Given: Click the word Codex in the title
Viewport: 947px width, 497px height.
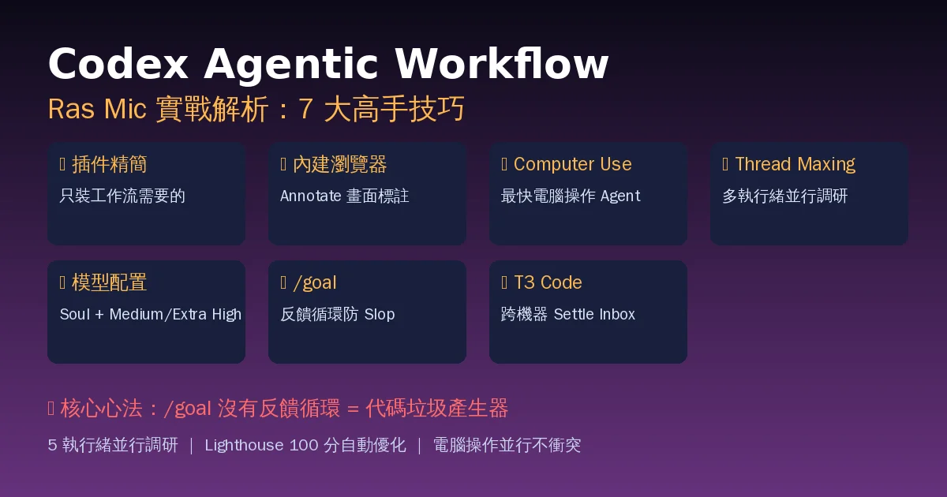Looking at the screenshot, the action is (118, 63).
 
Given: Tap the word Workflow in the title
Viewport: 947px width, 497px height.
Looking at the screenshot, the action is (502, 63).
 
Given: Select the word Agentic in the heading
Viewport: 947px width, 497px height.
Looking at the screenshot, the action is (291, 66).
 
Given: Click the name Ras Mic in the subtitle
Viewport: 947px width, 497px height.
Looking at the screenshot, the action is (97, 109).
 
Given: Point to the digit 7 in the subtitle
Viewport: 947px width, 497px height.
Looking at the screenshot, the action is (305, 109).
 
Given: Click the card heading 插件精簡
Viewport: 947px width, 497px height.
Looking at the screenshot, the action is (110, 164).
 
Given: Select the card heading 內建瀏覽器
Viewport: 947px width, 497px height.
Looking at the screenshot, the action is (340, 164).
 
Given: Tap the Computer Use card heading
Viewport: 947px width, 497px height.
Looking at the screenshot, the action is (572, 164).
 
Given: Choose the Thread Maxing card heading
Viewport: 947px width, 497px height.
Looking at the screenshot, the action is (795, 165).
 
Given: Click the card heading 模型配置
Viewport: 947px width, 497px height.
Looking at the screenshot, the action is (110, 282).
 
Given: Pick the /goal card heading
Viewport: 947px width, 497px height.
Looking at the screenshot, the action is (315, 282).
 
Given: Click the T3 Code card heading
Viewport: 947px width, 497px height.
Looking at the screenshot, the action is (548, 282).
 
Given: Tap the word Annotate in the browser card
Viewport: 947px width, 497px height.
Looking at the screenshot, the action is (310, 196).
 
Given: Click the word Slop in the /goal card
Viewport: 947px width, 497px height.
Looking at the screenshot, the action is (380, 315).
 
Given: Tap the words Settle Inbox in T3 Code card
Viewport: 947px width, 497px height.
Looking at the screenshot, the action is (594, 315).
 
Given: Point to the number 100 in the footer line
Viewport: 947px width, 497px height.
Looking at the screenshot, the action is (304, 446).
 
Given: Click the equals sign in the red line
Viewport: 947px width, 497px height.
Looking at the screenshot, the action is (353, 409).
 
